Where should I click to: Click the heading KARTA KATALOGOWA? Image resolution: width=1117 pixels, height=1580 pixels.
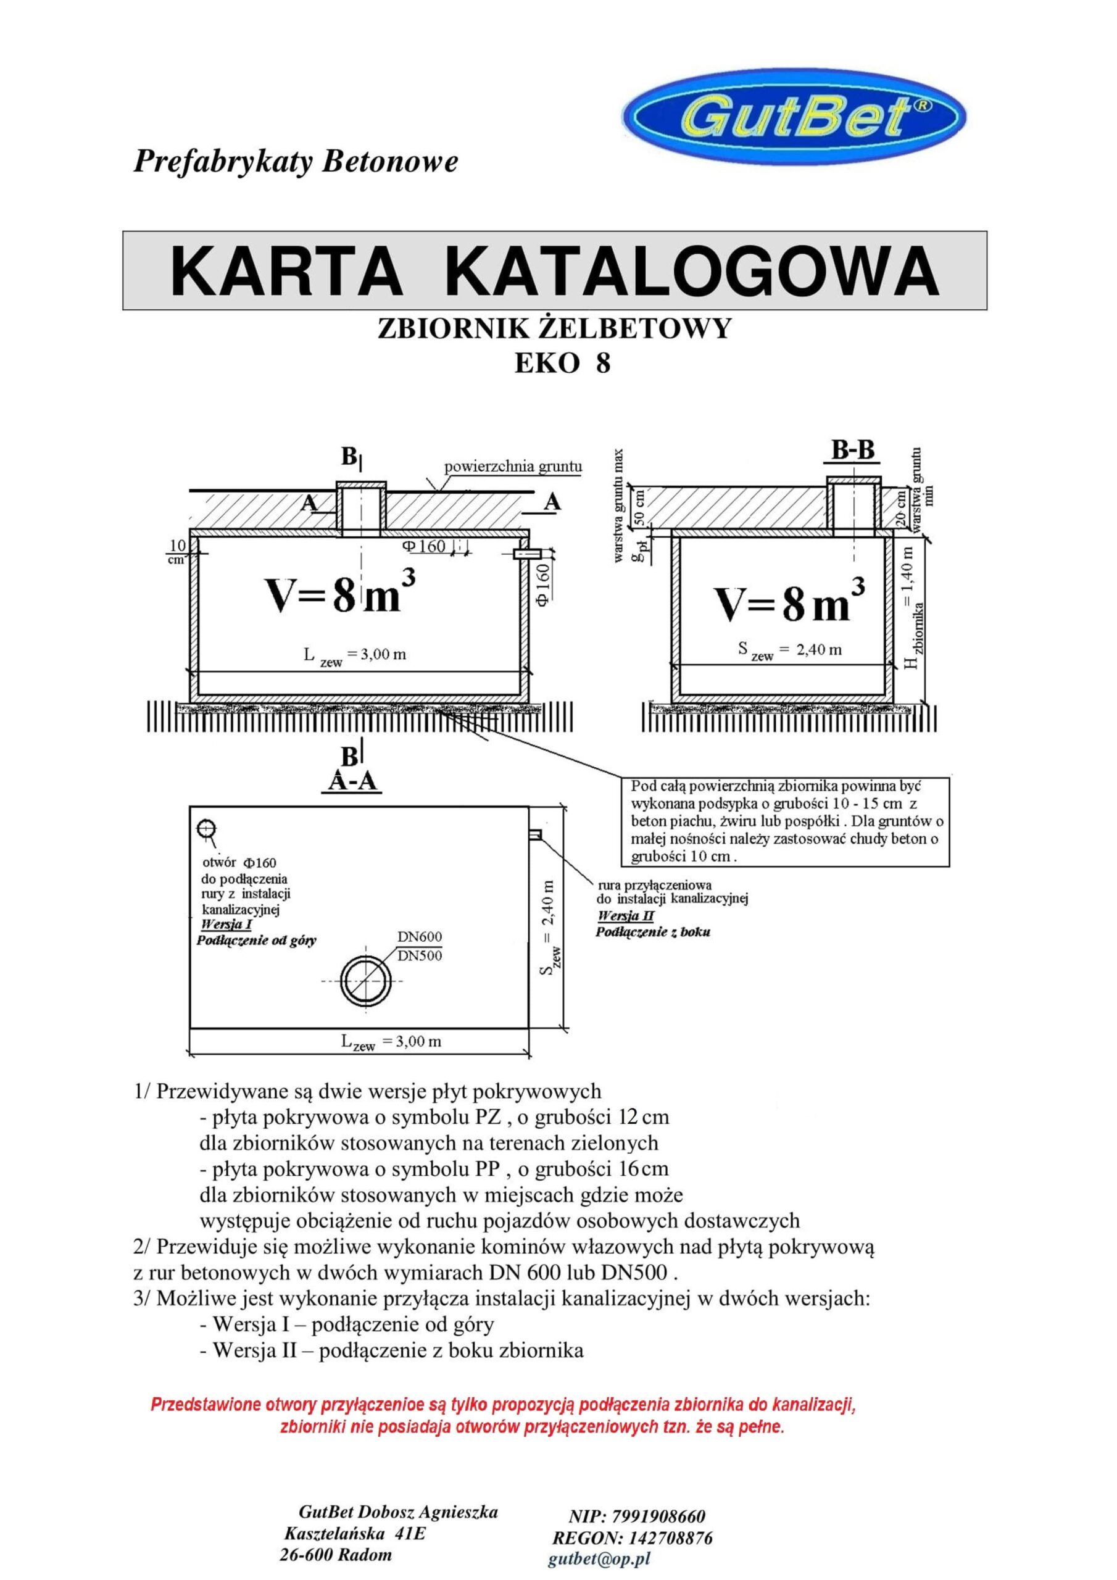tap(554, 270)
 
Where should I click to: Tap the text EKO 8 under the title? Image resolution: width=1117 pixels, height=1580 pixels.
tap(562, 363)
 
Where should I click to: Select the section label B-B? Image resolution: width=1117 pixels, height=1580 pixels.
tap(852, 450)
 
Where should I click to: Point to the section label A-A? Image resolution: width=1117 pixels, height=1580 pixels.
tap(351, 782)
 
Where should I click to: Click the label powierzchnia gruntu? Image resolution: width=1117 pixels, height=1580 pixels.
tap(513, 467)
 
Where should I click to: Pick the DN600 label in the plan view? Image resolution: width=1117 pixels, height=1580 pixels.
tap(419, 936)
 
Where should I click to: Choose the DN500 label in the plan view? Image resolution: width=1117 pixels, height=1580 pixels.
tap(419, 955)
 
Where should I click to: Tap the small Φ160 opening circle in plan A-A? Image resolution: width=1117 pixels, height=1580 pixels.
tap(206, 828)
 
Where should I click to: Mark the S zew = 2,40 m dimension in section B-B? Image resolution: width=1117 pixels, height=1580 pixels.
tap(789, 651)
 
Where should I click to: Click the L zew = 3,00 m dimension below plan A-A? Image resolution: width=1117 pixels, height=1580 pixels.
tap(391, 1041)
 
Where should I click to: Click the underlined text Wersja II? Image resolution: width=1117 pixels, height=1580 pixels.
tap(625, 916)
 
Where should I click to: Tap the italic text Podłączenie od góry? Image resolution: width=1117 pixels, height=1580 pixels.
tap(256, 941)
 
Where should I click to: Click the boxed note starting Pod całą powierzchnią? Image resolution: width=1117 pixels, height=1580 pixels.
tap(783, 821)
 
